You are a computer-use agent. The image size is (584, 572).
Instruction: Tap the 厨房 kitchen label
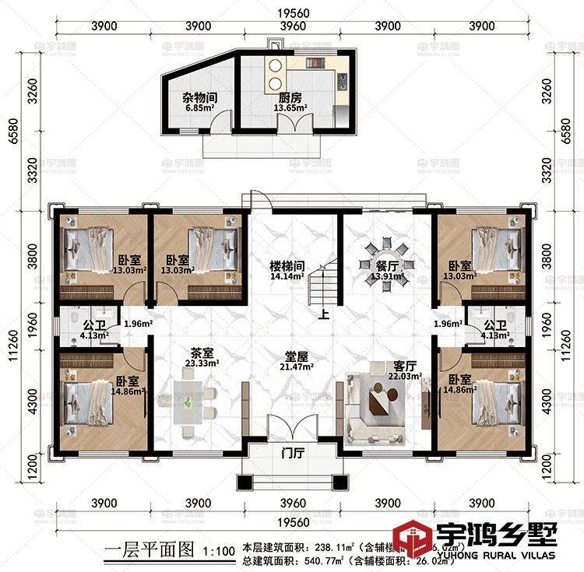click(290, 98)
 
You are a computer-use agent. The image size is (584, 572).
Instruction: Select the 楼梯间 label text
click(287, 265)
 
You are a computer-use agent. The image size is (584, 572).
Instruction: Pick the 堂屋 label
click(297, 355)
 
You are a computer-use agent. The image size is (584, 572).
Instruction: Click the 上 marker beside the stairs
click(324, 314)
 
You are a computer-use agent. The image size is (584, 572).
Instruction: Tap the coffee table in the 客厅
click(382, 403)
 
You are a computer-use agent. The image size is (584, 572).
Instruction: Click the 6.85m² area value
click(199, 110)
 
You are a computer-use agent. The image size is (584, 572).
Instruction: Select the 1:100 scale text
click(218, 552)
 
